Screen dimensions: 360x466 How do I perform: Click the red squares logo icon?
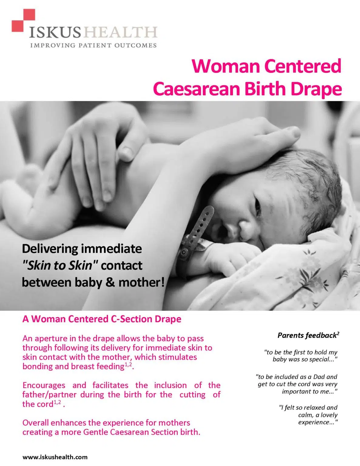click(x=23, y=20)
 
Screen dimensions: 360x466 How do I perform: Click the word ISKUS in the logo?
click(x=55, y=32)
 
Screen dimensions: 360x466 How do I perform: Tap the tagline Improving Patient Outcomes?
click(x=93, y=46)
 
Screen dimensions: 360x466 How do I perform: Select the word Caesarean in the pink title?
click(x=196, y=89)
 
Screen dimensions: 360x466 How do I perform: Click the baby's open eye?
click(x=258, y=206)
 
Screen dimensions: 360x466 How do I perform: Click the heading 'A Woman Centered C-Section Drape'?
click(x=102, y=319)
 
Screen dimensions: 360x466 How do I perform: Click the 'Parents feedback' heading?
click(x=308, y=335)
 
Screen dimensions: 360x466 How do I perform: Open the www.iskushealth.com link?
click(x=55, y=457)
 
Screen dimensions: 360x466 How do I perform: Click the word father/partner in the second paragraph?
click(x=49, y=395)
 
